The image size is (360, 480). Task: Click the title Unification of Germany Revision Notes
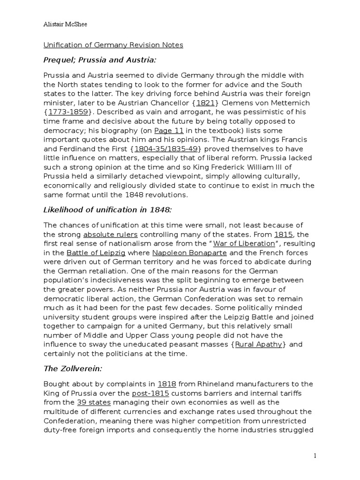point(113,45)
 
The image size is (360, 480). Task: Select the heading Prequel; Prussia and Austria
point(99,60)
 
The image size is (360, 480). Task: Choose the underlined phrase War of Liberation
point(244,243)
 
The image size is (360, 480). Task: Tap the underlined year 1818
point(167,383)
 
